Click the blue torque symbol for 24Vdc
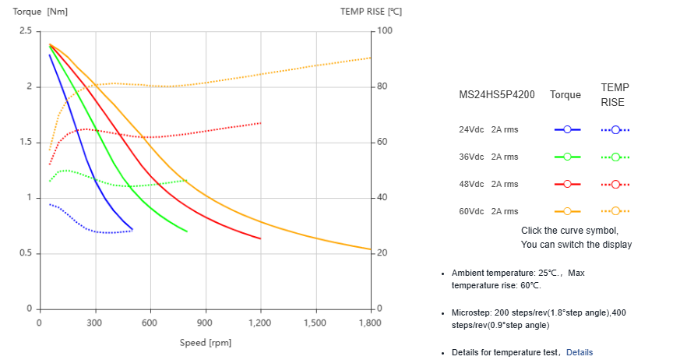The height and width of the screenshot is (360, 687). pos(567,129)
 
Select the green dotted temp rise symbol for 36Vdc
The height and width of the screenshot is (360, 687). pos(615,157)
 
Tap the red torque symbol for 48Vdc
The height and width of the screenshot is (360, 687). pos(567,184)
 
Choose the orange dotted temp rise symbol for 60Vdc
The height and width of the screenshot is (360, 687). pos(615,211)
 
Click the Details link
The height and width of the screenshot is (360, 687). pos(579,352)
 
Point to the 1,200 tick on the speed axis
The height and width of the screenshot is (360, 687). pos(260,323)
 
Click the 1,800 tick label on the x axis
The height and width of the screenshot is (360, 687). pos(370,323)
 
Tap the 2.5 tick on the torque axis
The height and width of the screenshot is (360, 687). pos(26,31)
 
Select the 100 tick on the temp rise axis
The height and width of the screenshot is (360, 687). pos(385,31)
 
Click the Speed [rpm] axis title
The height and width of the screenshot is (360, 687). pos(206,343)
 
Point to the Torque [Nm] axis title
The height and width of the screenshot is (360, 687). pos(40,11)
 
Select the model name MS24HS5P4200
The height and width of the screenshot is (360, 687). pos(497,94)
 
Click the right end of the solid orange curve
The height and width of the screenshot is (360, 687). pos(371,249)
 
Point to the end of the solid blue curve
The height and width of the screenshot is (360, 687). pos(132,229)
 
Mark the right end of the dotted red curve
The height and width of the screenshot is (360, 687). pos(260,123)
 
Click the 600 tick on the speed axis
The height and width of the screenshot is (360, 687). pos(150,323)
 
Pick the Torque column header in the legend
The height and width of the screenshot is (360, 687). pos(565,94)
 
